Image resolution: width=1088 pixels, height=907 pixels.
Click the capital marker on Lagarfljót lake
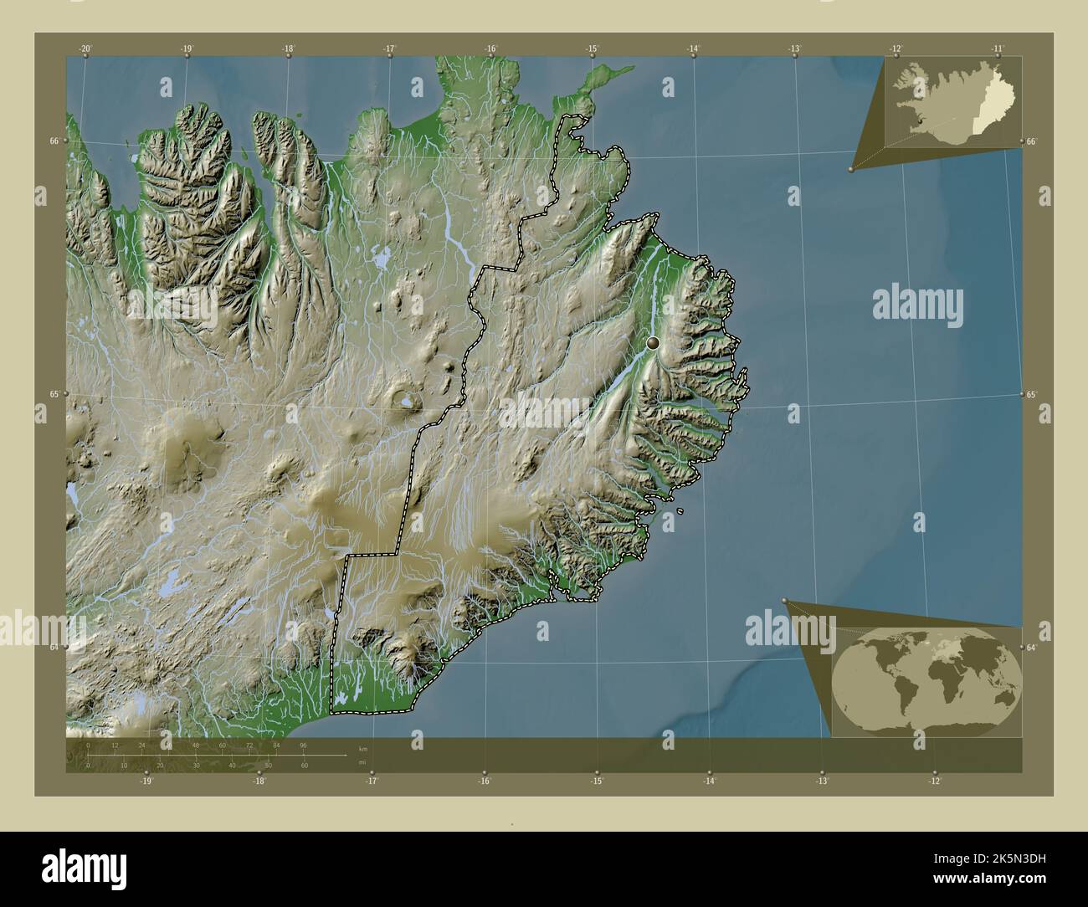[x=653, y=343]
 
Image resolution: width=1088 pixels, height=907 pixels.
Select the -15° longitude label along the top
[x=592, y=49]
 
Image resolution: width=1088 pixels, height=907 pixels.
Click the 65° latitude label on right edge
[x=1031, y=394]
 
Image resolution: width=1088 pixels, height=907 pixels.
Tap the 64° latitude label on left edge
[x=54, y=647]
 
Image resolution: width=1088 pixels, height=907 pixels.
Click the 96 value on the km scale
[x=303, y=745]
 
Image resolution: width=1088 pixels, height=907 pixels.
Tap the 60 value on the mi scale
[x=305, y=765]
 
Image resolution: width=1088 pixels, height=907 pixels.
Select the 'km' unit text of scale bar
[x=362, y=746]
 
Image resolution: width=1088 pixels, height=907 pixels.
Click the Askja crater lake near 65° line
[x=407, y=402]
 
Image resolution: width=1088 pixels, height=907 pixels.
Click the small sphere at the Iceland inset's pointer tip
[x=851, y=169]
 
